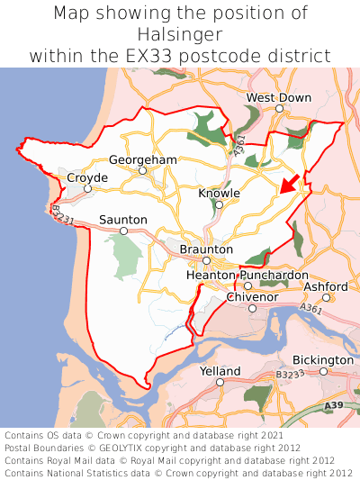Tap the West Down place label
[279, 97]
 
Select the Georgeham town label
[143, 159]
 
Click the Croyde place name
[87, 178]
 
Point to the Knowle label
[219, 194]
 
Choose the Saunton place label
[123, 220]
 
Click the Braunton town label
[206, 249]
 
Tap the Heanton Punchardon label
[247, 275]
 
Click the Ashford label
[326, 286]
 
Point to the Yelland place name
[220, 371]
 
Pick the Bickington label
[323, 360]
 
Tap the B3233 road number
[290, 374]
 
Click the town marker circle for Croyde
[87, 189]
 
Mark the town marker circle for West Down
[279, 108]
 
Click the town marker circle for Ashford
[327, 297]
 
